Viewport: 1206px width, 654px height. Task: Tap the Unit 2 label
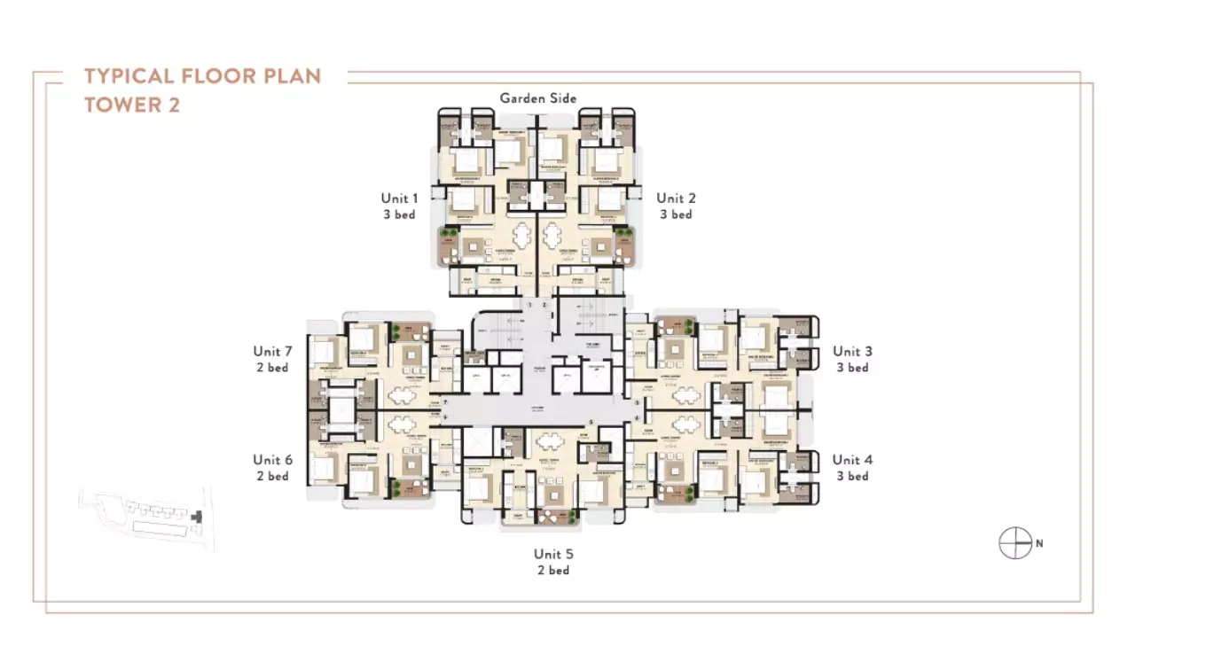tap(676, 199)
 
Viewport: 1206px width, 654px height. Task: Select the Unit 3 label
tap(851, 352)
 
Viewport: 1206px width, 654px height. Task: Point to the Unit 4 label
tap(851, 460)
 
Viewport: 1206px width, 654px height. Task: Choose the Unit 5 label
tap(553, 554)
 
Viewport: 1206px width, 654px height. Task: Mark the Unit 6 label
tap(272, 460)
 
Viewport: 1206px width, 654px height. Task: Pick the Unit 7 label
tap(272, 352)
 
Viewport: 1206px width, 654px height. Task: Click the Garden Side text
tap(537, 97)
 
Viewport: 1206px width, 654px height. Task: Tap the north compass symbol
tap(1015, 543)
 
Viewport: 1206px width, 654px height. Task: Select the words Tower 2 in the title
tap(132, 105)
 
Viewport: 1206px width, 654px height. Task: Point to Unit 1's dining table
tap(522, 237)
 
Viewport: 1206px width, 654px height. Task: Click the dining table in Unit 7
tap(402, 396)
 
